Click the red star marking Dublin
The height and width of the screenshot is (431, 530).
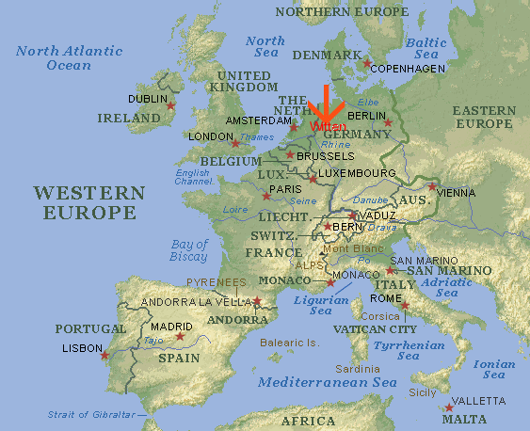point(171,105)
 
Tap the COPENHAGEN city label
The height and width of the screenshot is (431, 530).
point(406,70)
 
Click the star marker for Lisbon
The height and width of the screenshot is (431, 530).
point(104,355)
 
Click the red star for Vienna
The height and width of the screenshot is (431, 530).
point(432,186)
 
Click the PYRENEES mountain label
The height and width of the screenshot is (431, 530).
point(217,281)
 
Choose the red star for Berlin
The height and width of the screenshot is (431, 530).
point(388,122)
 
